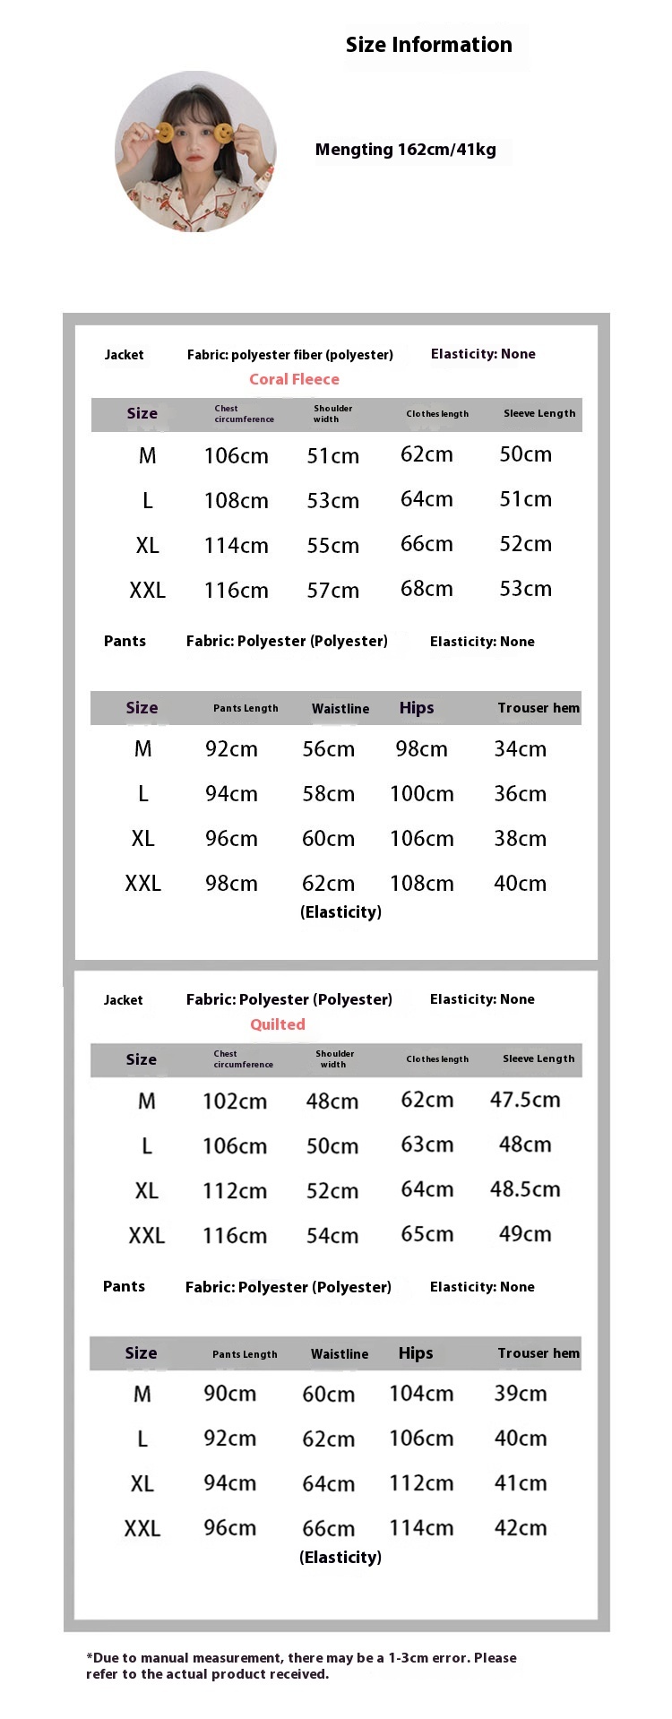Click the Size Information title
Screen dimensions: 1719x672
[428, 45]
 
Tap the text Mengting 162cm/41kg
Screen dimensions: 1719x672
[405, 150]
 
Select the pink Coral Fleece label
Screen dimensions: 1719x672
[294, 379]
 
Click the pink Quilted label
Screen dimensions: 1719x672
[277, 1024]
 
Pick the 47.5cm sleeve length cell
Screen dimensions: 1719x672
[525, 1100]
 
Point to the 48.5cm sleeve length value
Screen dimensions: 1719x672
[525, 1189]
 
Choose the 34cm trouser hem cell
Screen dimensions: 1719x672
[520, 748]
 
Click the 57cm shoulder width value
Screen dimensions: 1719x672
[332, 590]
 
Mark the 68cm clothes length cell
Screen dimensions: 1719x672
[426, 589]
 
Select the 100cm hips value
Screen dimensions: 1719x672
[421, 793]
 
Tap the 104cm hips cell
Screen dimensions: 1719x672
[421, 1394]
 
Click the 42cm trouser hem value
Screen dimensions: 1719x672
[520, 1528]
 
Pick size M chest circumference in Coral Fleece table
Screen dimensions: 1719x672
[236, 455]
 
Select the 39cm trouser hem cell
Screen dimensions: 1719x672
[520, 1394]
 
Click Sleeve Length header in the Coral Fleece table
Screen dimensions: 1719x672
[538, 413]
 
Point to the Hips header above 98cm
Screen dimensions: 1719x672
[417, 708]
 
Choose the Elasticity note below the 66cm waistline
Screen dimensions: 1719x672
[340, 1557]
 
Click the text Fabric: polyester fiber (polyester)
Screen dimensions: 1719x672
[289, 355]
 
